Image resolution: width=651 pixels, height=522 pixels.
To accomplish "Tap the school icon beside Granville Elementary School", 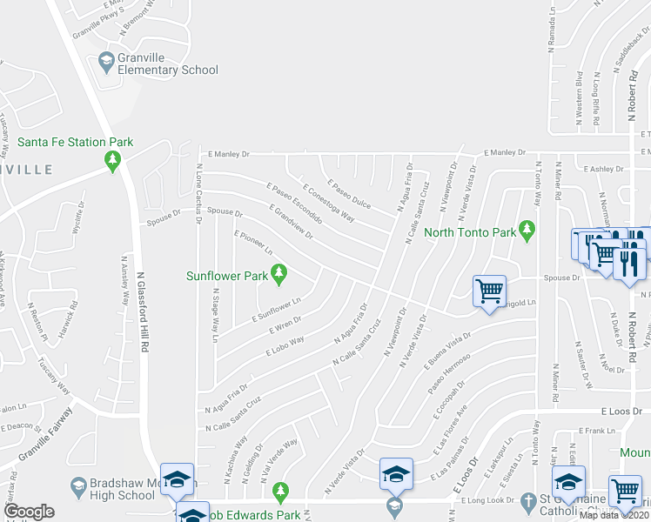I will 106,62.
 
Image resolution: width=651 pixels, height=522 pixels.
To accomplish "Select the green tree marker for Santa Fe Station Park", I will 112,160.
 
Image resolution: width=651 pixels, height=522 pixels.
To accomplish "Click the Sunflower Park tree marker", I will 279,276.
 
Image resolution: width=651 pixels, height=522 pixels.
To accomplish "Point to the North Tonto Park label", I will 469,232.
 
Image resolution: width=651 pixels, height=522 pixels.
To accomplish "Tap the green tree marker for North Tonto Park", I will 527,230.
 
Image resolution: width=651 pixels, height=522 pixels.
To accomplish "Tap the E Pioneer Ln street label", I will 253,242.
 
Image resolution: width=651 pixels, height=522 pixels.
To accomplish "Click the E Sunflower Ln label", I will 276,311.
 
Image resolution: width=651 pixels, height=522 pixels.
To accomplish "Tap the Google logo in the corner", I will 29,512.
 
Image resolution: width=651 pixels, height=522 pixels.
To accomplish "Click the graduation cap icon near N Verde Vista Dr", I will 395,474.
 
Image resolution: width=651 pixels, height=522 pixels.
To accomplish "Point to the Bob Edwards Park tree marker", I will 279,493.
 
